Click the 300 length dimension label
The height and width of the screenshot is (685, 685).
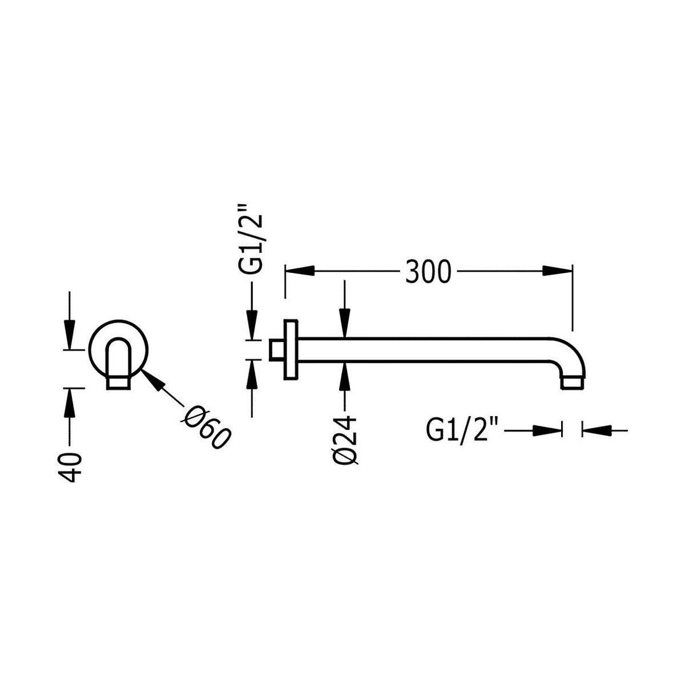(x=428, y=272)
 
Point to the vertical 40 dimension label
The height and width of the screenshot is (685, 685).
(x=70, y=467)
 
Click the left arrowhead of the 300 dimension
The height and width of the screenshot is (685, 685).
(x=300, y=271)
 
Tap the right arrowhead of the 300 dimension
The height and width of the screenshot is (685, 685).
(x=557, y=271)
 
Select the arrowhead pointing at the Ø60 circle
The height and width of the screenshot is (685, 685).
(x=155, y=379)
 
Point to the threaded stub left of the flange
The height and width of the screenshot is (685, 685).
(x=276, y=350)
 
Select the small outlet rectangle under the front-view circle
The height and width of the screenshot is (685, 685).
(x=118, y=383)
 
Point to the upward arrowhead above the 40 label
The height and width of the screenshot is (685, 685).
(x=69, y=402)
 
